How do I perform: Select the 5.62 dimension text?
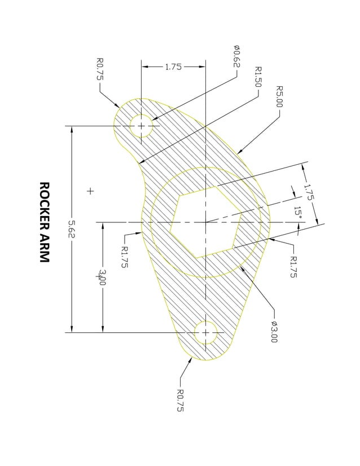coord(72,229)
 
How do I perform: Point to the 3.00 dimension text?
coord(102,277)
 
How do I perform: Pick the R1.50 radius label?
coord(258,77)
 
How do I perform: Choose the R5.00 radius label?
coord(279,97)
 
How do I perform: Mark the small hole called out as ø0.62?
coord(141,125)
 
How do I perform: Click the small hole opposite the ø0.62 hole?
coord(206,332)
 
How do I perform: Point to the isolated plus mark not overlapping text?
coord(90,191)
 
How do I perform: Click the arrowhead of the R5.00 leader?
coord(239,152)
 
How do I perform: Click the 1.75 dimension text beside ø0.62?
coord(173,67)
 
